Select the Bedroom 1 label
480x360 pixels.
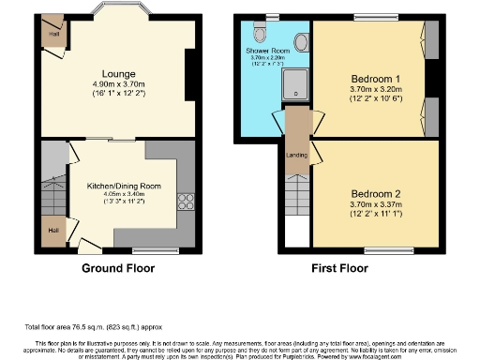pyautogui.click(x=371, y=77)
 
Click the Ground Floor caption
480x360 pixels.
pyautogui.click(x=117, y=267)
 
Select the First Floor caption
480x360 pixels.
pyautogui.click(x=359, y=267)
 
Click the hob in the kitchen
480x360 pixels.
pyautogui.click(x=184, y=200)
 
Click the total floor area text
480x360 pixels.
pyautogui.click(x=92, y=326)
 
